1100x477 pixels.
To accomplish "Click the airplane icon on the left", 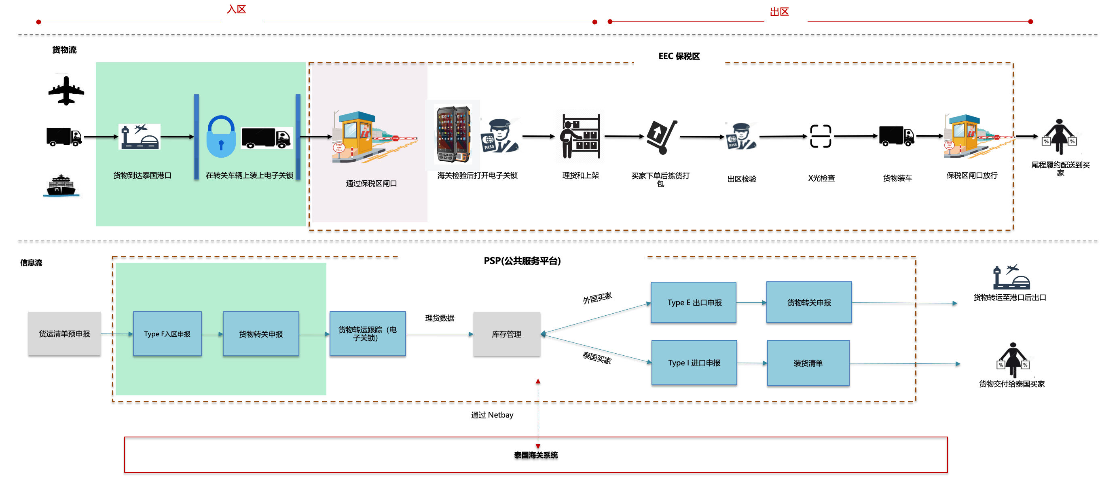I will click(65, 90).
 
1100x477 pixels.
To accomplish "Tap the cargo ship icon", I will click(64, 185).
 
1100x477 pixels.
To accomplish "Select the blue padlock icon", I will click(221, 137).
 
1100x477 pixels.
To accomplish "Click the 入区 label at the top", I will click(237, 10).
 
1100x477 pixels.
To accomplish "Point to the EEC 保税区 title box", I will click(679, 57).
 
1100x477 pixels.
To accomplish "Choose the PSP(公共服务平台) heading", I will click(522, 261).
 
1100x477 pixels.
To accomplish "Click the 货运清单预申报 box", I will click(64, 334).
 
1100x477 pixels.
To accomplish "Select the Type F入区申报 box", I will click(167, 334).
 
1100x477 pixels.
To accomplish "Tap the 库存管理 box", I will click(506, 334).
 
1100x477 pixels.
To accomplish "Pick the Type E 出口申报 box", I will click(694, 303).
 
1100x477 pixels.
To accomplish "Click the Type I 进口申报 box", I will click(694, 363).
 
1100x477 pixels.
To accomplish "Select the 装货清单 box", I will click(808, 363).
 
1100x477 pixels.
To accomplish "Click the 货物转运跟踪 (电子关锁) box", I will click(367, 334).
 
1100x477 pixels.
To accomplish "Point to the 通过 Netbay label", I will click(492, 415).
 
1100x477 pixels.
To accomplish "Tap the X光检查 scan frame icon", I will click(820, 137).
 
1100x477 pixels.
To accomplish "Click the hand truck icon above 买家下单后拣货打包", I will click(662, 137).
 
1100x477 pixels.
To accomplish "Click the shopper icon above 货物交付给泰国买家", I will click(1013, 359).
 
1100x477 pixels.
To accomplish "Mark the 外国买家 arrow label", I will click(597, 298).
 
